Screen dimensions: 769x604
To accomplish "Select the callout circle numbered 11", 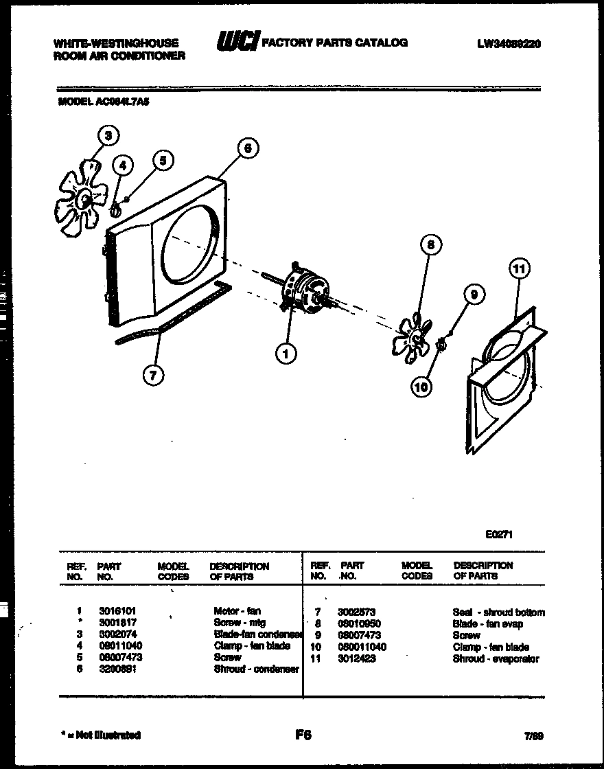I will click(x=520, y=269).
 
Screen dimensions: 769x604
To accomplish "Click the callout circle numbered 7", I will click(x=154, y=374).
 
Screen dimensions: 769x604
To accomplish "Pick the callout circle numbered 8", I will click(x=430, y=244).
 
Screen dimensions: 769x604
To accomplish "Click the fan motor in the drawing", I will click(x=306, y=290).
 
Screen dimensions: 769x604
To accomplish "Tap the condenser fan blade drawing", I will click(x=82, y=198).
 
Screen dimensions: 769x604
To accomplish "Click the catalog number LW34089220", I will click(x=509, y=43).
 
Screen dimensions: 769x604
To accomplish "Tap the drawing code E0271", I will click(x=499, y=535).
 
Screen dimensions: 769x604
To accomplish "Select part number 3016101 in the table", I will click(x=113, y=610).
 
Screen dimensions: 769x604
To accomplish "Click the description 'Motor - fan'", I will click(x=237, y=610).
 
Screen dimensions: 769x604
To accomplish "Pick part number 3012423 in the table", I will click(x=356, y=659).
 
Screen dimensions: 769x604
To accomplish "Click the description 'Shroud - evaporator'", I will click(x=496, y=659).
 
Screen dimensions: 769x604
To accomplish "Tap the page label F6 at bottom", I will click(x=303, y=735).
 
